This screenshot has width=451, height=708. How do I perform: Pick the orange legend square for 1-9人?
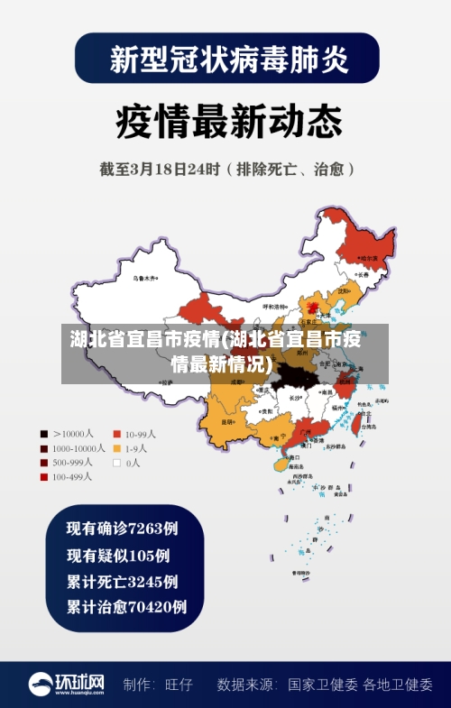(x=116, y=448)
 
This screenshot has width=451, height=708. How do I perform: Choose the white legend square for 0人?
(x=116, y=463)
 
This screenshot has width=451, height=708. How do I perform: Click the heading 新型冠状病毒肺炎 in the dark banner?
(x=227, y=60)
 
